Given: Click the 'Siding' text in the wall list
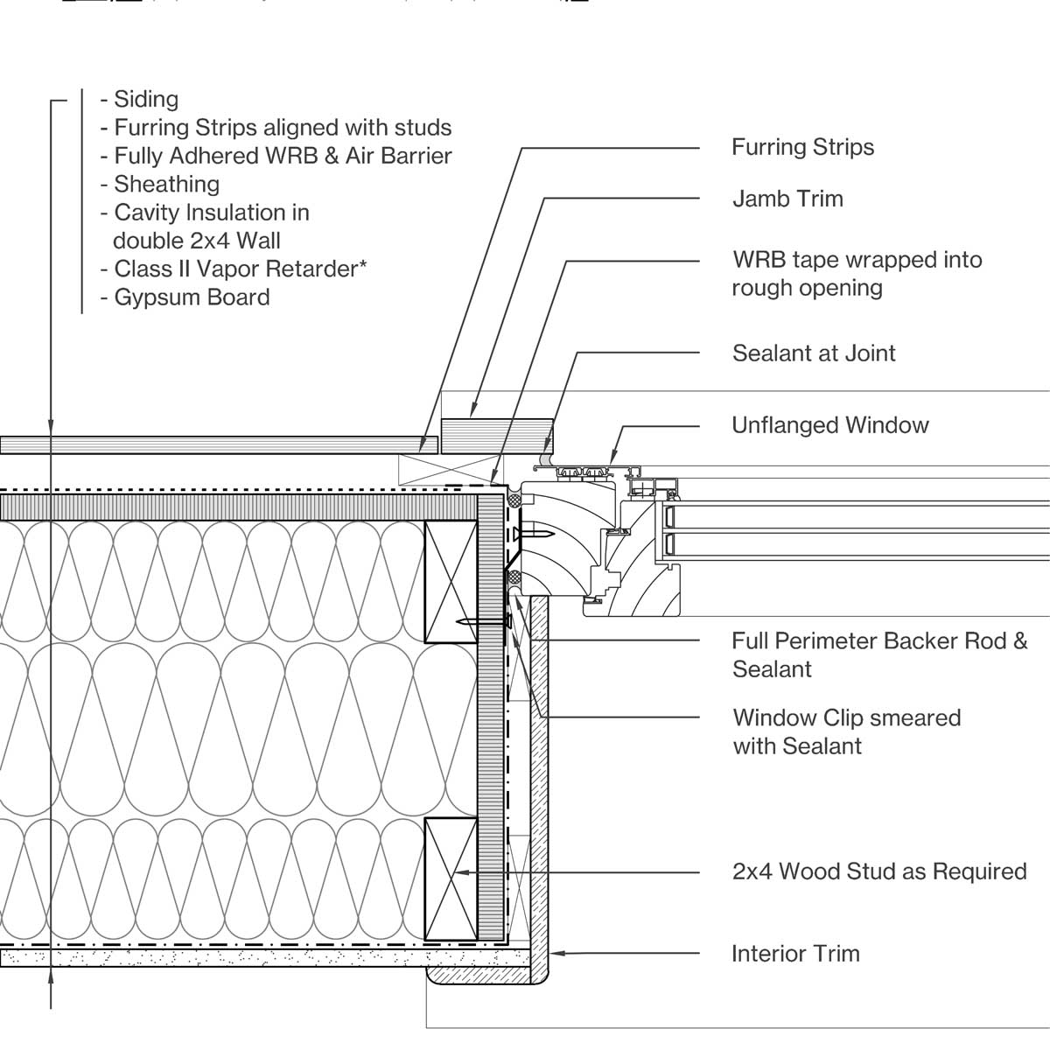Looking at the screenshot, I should point(145,100).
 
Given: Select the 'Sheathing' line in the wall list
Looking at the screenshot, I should point(166,185).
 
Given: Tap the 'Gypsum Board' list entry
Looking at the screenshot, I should point(192,297).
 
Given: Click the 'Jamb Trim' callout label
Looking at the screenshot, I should point(787,199).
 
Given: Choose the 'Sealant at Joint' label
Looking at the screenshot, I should point(814,353).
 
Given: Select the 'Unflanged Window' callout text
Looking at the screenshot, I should point(829,425).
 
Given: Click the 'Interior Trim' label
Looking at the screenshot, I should point(795,954).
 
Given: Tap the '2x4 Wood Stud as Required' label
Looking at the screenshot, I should point(878,871).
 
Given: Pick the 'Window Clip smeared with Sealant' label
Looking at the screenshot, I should point(846,731).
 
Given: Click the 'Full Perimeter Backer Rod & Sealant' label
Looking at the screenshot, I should point(878,654).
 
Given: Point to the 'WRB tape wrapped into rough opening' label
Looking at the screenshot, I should point(857,273).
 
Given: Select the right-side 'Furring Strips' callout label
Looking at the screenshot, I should point(802,147).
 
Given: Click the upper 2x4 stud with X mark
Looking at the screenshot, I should point(451,582).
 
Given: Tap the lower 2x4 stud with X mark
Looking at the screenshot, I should point(451,878).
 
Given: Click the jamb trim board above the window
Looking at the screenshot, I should point(496,435).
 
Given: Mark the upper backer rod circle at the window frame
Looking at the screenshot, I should point(515,500).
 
